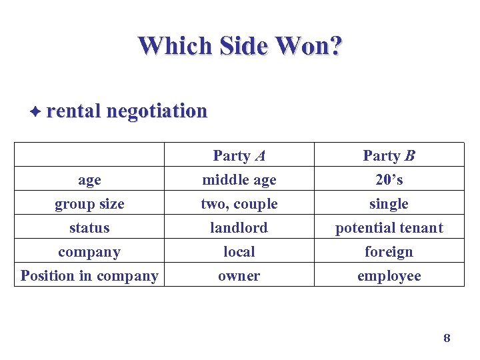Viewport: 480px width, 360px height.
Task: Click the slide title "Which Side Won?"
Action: (x=240, y=45)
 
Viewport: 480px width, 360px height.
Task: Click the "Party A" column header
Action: (x=239, y=156)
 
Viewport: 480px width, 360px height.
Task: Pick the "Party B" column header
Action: (x=389, y=156)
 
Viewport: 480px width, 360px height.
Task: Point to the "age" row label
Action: (x=89, y=180)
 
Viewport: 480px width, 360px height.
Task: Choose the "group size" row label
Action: (x=89, y=204)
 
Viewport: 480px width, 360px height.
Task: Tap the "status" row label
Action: (x=89, y=228)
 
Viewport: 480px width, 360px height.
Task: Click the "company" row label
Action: (x=89, y=252)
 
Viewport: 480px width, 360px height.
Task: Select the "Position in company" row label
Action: (x=89, y=276)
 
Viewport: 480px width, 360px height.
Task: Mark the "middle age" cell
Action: (x=239, y=180)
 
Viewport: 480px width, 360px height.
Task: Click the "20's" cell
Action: (x=389, y=180)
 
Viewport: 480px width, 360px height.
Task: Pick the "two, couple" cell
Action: (x=239, y=204)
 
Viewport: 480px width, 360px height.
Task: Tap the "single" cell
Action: (x=389, y=204)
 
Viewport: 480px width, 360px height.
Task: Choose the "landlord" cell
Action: (x=239, y=228)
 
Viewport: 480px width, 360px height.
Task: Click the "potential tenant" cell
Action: (x=389, y=228)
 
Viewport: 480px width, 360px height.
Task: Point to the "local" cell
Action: (x=239, y=252)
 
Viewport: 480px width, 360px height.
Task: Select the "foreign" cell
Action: (x=389, y=252)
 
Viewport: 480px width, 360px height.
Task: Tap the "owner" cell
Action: (x=239, y=276)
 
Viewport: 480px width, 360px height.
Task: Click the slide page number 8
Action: (x=447, y=339)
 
